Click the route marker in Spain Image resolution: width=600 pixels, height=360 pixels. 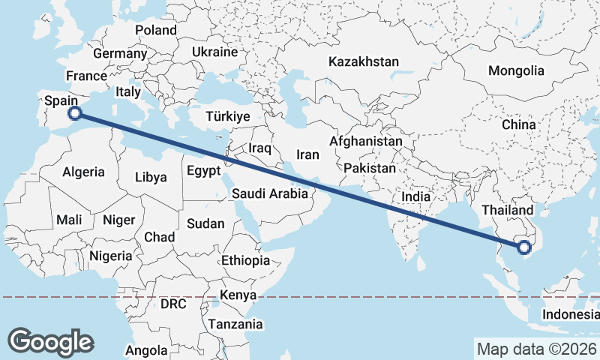coord(74,113)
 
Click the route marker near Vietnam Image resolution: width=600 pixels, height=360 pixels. coord(524,244)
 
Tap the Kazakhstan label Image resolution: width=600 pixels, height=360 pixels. coord(363,62)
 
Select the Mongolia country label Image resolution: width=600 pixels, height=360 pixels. coord(516,71)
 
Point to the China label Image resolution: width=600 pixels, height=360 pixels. coord(518,124)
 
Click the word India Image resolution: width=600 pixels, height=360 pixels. coord(415,196)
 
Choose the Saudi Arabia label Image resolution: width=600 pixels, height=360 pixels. coord(269,193)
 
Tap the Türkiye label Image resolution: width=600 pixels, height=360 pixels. coord(228,117)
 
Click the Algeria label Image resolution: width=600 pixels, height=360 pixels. coord(83,172)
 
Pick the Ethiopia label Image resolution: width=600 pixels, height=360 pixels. coord(245,260)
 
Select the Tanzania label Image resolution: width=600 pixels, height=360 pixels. coord(235,324)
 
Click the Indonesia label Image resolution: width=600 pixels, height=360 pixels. coord(571,314)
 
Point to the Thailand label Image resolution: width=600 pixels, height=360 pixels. coord(508,210)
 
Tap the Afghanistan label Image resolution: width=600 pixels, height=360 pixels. coord(365,141)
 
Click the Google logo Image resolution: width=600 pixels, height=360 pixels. coord(50,341)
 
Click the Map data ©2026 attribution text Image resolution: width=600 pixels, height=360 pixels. coord(535,349)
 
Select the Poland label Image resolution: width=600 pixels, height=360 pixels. coord(156,31)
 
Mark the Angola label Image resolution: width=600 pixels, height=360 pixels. coord(145,350)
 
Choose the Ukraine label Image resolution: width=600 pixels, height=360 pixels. coord(214,52)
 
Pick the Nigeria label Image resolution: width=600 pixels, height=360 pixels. coord(110,256)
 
